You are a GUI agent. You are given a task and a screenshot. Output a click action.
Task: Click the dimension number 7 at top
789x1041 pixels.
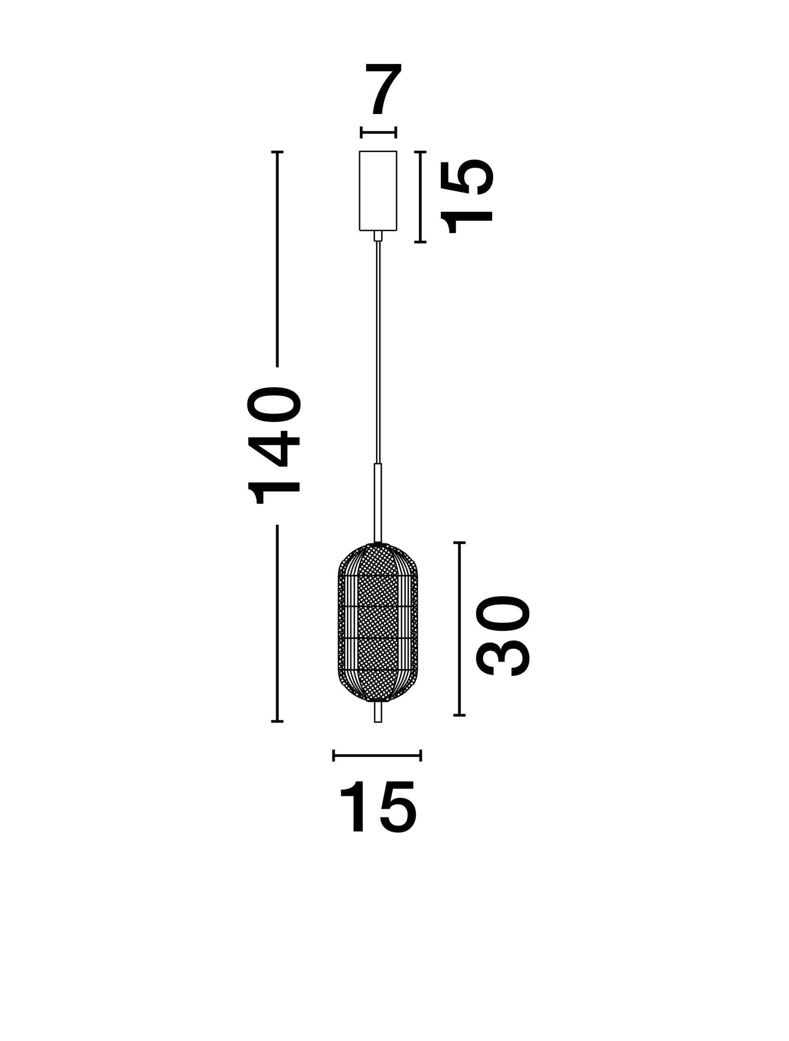pyautogui.click(x=383, y=89)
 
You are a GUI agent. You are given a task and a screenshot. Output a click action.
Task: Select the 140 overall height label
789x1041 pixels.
pyautogui.click(x=274, y=445)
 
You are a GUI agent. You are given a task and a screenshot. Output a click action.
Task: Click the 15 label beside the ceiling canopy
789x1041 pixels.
pyautogui.click(x=466, y=197)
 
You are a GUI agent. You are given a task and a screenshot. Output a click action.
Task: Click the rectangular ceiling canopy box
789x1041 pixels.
pyautogui.click(x=378, y=191)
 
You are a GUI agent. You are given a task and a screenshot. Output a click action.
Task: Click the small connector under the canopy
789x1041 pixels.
pyautogui.click(x=378, y=236)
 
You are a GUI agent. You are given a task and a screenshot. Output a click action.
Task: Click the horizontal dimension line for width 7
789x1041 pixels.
pyautogui.click(x=378, y=132)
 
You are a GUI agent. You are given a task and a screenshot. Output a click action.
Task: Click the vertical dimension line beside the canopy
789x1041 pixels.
pyautogui.click(x=420, y=197)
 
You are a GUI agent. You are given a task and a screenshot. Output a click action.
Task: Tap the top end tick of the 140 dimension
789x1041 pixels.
pyautogui.click(x=277, y=152)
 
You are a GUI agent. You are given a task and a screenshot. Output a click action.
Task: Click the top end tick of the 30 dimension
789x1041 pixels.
pyautogui.click(x=459, y=542)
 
